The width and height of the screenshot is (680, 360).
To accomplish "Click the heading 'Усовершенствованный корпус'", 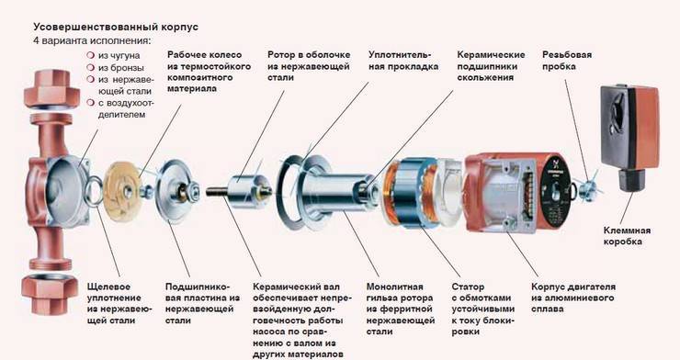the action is click(x=116, y=27).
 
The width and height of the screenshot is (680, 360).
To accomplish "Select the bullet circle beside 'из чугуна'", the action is click(x=91, y=55).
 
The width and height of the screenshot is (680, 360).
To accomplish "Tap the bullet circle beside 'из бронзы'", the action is click(x=91, y=67).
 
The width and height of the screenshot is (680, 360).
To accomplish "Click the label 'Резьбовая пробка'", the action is click(x=567, y=61).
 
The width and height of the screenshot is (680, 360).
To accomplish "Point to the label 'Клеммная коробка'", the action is click(x=627, y=236).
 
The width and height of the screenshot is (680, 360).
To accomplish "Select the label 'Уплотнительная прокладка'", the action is click(x=403, y=61).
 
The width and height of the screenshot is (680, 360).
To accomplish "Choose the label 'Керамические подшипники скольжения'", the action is click(x=491, y=66).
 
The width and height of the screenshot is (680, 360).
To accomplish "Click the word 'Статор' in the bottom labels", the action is click(x=468, y=287).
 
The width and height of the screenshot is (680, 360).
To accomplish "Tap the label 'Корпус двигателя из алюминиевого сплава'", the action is click(x=573, y=298).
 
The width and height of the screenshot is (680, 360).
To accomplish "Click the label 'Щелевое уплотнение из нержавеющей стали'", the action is click(x=119, y=304).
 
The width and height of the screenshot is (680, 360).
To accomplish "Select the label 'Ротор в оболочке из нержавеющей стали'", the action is click(x=309, y=66).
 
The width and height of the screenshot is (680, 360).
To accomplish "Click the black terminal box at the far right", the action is click(x=629, y=137).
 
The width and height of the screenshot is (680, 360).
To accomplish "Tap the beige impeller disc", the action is click(x=123, y=191).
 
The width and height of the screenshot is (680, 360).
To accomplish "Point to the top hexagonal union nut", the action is click(x=51, y=90).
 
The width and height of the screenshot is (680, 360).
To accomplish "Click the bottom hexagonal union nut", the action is click(x=49, y=293).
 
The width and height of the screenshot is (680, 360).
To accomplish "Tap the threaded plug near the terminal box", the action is click(x=587, y=187).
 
